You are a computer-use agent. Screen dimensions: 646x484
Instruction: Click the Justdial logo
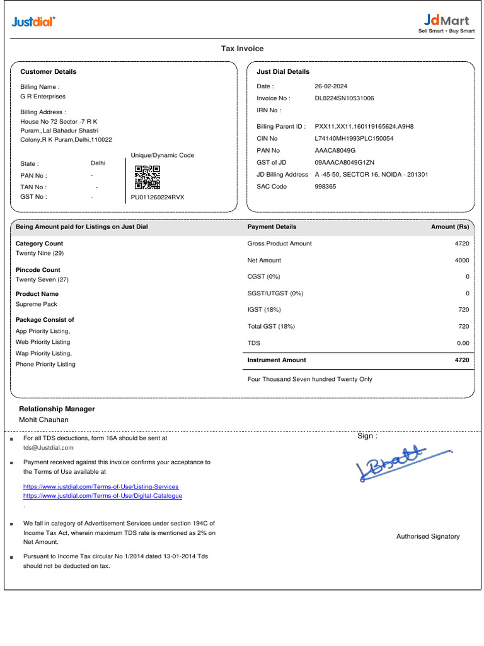pos(33,23)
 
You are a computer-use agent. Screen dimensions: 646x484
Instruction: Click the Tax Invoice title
pos(242,49)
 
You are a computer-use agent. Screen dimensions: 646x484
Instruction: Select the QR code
pos(147,177)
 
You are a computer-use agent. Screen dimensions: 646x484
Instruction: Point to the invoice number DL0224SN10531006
pos(344,98)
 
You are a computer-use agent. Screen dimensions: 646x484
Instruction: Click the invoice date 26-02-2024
pos(331,86)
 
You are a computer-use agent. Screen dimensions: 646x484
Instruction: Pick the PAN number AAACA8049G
pos(335,151)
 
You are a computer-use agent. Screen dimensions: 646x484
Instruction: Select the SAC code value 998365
pos(325,187)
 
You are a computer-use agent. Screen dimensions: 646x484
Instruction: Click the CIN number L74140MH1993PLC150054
pos(354,138)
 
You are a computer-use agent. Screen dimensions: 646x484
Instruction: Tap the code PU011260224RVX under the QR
pos(158,197)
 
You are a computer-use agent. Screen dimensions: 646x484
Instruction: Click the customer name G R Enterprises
pos(43,97)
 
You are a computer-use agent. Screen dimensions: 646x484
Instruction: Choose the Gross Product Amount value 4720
pos(461,244)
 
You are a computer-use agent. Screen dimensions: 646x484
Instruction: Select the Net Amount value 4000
pos(461,261)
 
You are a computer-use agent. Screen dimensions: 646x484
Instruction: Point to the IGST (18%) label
pos(264,310)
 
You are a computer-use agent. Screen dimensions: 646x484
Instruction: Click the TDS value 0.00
pos(463,343)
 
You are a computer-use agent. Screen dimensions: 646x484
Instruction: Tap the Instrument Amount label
pos(277,360)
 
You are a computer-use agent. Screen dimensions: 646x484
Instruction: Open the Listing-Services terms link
pos(101,487)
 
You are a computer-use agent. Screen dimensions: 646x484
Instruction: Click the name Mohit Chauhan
pos(44,420)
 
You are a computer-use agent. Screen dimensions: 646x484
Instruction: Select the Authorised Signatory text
pos(428,537)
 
